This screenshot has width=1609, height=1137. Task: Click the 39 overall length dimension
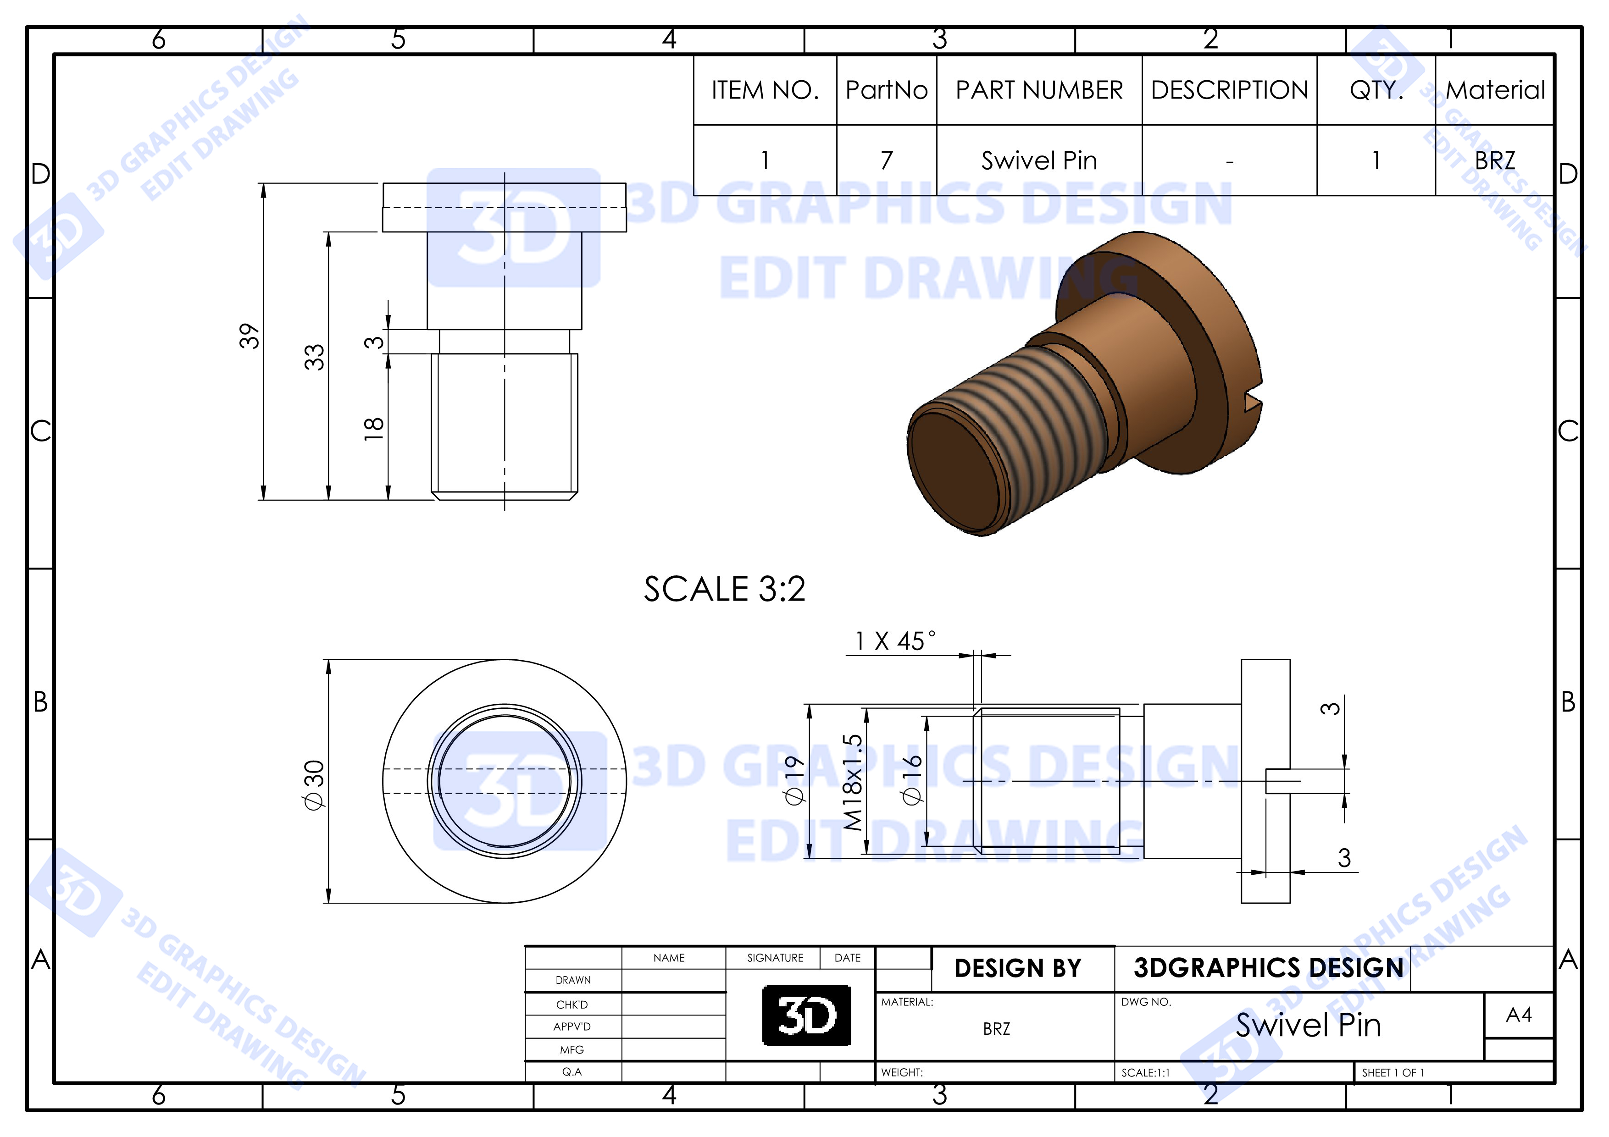pos(249,336)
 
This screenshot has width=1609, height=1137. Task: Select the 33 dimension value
pos(314,357)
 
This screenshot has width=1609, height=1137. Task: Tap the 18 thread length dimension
pos(373,428)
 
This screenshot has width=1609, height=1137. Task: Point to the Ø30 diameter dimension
pos(314,784)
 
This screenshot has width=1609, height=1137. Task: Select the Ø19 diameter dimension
pos(793,780)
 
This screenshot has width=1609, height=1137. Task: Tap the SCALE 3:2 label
pos(725,589)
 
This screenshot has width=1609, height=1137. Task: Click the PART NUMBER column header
pos(1039,90)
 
